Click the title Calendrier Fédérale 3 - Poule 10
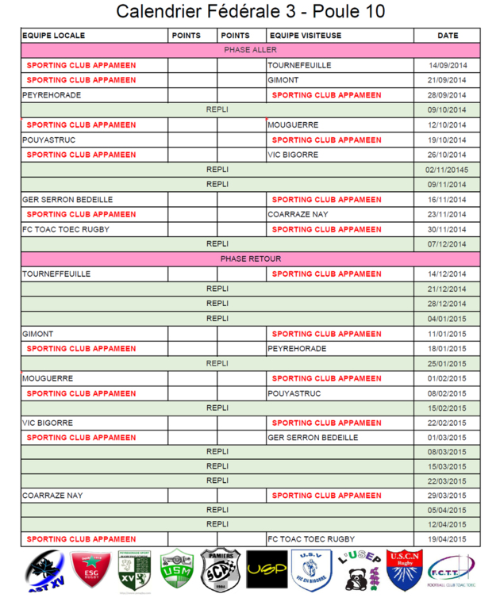coord(250,12)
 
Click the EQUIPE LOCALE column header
coord(54,36)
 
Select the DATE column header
coord(448,36)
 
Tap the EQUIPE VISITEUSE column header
coord(306,36)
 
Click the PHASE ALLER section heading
coord(250,50)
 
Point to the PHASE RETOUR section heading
coord(250,259)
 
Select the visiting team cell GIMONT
coord(283,80)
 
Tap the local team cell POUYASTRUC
coord(47,140)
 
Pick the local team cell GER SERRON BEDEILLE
coord(67,200)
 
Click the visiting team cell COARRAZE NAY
coord(298,214)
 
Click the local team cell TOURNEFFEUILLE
coord(56,274)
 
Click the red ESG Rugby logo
coord(90,570)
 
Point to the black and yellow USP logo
coord(267,570)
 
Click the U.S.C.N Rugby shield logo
coord(404,570)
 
